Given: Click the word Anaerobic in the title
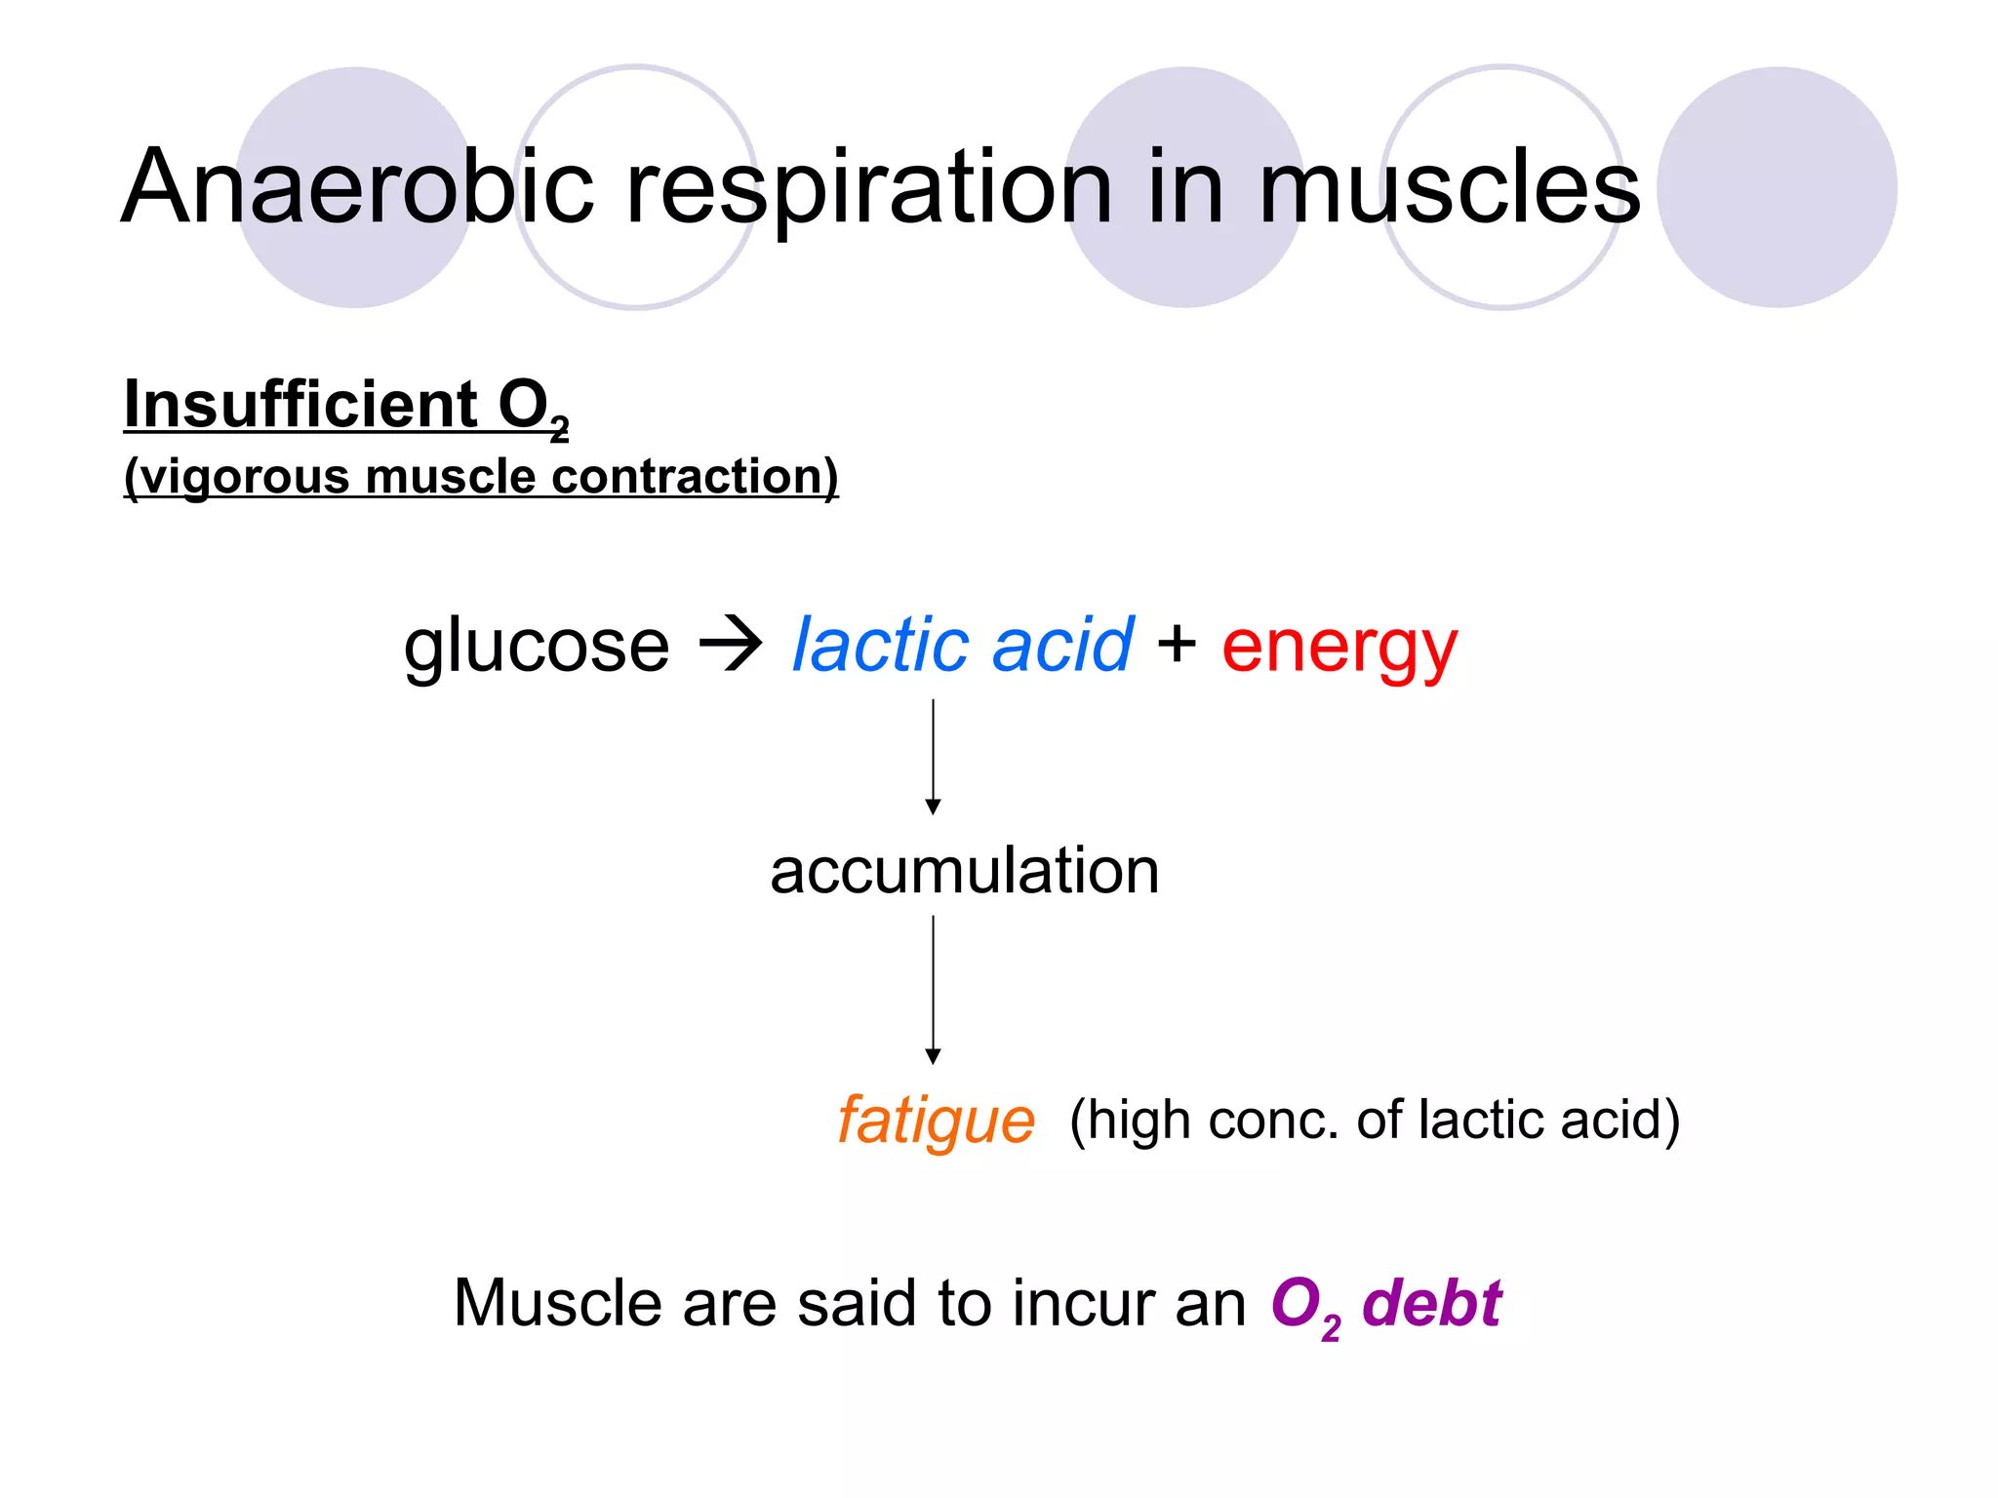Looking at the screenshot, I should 357,186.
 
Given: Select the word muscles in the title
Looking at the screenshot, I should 1450,186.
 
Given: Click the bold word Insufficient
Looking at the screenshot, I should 300,404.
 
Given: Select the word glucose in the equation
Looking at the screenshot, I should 537,646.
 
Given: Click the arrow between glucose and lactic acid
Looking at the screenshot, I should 731,645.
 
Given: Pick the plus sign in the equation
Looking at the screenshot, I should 1177,643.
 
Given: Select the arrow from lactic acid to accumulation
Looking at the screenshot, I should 933,756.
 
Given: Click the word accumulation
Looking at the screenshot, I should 964,870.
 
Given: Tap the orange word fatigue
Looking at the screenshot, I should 936,1121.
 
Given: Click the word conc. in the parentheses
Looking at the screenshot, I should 1273,1119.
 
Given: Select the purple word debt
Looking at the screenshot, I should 1432,1303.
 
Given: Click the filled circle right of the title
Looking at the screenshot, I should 1777,187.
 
